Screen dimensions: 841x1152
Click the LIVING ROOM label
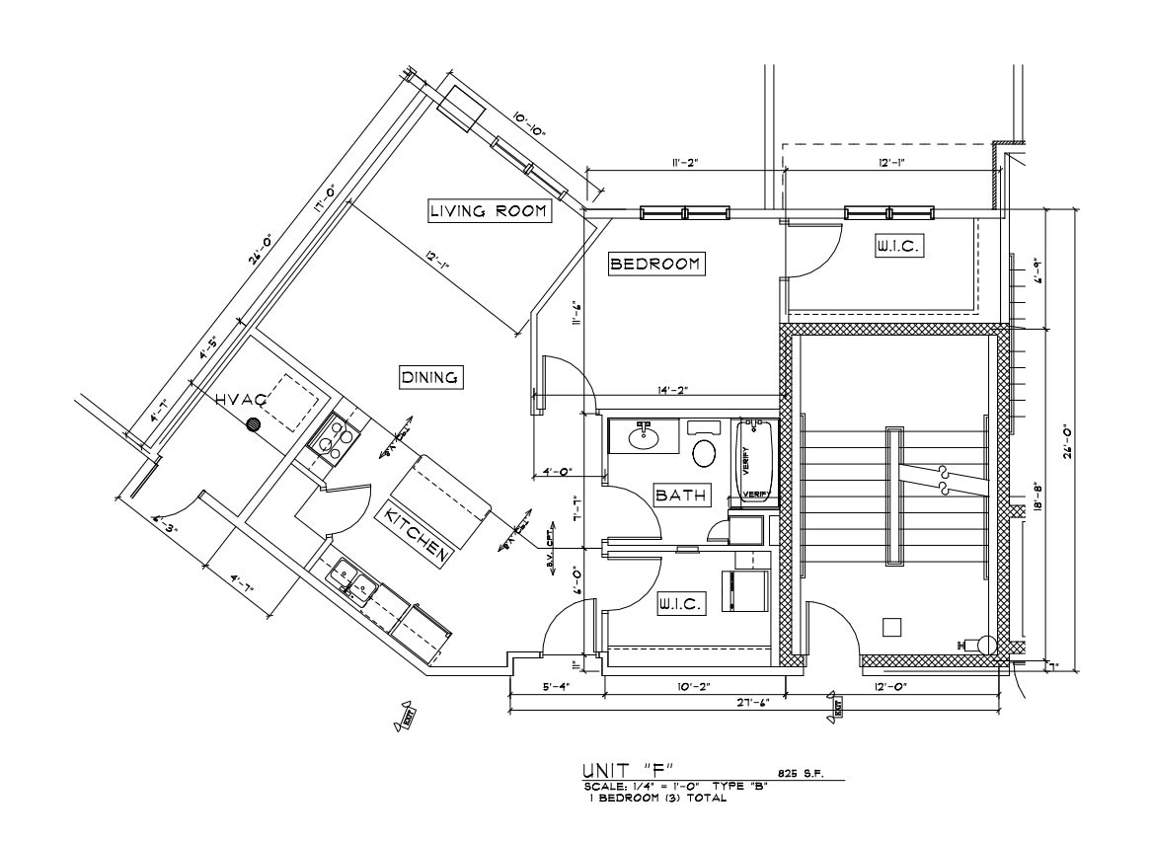(x=489, y=211)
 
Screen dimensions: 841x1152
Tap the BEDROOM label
(x=655, y=264)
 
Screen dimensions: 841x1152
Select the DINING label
(x=431, y=377)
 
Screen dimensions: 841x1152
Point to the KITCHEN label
(x=418, y=534)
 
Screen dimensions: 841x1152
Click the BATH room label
(x=682, y=495)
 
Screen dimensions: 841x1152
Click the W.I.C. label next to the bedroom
(x=898, y=247)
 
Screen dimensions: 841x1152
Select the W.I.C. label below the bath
(x=681, y=604)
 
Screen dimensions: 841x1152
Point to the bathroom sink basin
(x=644, y=435)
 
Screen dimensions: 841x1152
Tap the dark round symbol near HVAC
(x=254, y=424)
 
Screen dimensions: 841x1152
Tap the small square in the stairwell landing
(x=891, y=626)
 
